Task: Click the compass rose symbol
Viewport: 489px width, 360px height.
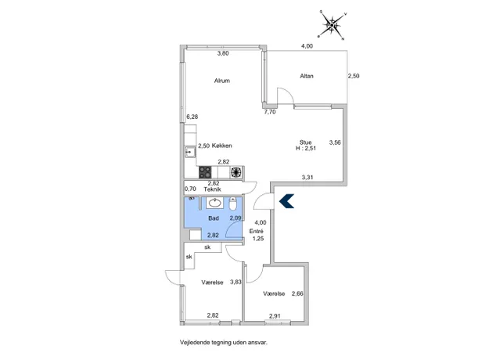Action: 333,25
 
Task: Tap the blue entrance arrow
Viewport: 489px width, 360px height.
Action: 286,200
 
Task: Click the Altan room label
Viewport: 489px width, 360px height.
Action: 307,76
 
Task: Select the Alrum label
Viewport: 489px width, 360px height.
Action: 222,81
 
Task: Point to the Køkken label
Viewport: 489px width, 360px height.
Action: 222,146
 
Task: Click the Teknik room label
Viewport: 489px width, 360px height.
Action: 212,189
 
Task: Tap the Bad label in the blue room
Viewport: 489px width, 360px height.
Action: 214,218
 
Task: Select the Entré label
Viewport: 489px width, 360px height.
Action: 257,231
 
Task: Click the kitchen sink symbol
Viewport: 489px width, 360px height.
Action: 190,152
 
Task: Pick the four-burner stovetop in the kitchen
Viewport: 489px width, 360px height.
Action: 205,172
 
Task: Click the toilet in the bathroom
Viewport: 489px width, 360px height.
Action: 233,203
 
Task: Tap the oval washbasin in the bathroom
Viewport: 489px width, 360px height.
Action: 215,203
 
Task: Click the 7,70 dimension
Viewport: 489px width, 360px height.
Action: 270,112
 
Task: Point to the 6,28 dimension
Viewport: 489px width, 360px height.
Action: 192,117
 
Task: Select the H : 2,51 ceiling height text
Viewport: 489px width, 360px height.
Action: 306,149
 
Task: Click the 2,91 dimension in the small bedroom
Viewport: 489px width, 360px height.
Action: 275,316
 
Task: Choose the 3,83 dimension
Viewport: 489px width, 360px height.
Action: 236,282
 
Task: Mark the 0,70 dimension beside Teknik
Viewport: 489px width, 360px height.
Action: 190,189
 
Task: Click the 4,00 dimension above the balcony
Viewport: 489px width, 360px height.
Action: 307,46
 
